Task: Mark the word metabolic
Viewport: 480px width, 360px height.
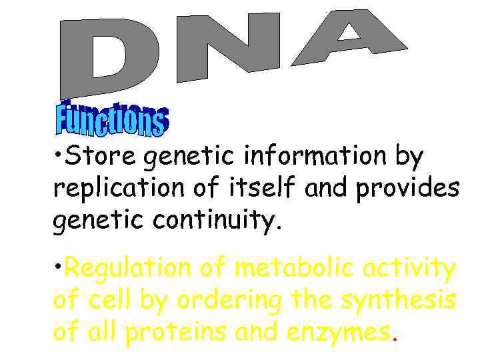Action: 289,268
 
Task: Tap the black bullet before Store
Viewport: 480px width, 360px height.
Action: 59,152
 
